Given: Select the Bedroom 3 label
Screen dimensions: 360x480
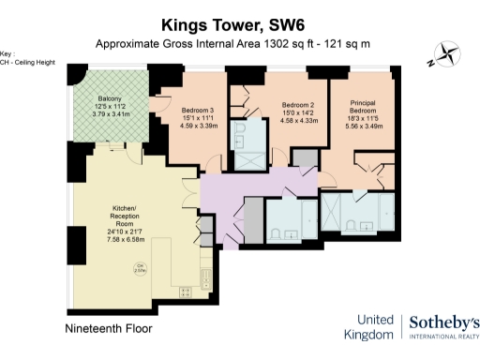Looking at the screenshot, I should pos(198,111).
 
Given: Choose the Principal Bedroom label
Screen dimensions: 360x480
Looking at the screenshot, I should pos(363,107).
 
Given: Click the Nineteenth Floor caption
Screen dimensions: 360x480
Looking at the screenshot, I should pos(109,329).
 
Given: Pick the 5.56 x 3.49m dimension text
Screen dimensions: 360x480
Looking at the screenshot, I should pos(363,126).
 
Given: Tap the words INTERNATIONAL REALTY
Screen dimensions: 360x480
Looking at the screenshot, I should pos(445,339).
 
